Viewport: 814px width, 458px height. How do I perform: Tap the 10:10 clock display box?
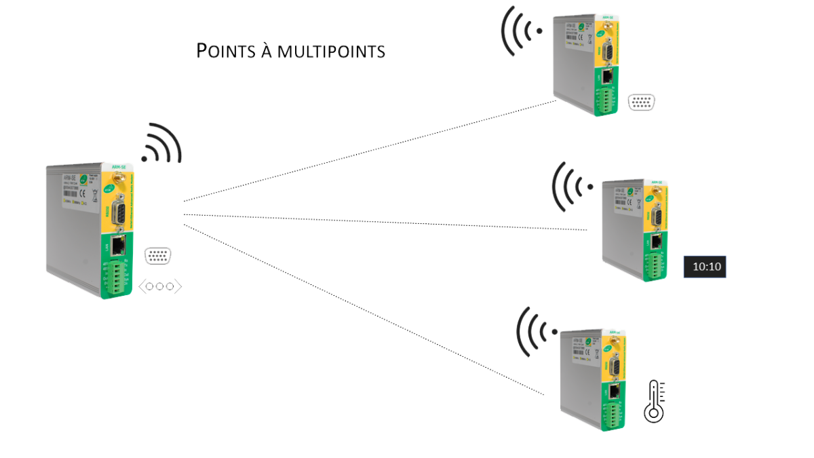pyautogui.click(x=705, y=267)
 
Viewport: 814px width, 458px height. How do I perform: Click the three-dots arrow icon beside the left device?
pyautogui.click(x=160, y=286)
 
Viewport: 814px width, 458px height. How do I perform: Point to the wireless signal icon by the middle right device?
pyautogui.click(x=571, y=184)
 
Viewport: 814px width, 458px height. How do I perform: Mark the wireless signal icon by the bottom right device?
pyautogui.click(x=536, y=330)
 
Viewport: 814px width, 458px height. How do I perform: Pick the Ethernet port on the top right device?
pyautogui.click(x=608, y=76)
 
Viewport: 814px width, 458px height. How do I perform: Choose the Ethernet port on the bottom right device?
pyautogui.click(x=613, y=391)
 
